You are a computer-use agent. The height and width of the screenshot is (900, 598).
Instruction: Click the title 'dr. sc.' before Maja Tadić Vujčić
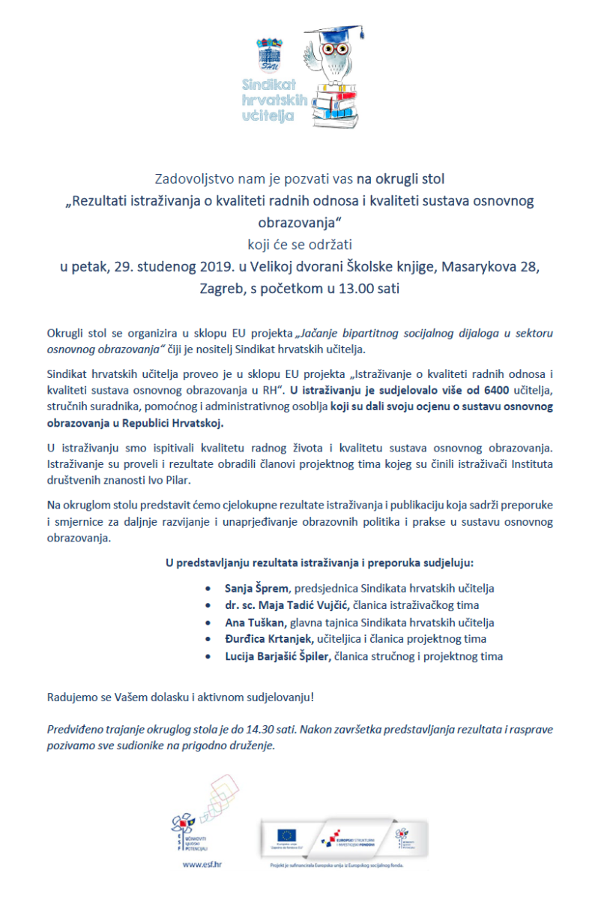241,605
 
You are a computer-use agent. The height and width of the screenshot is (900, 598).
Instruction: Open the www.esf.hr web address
202,864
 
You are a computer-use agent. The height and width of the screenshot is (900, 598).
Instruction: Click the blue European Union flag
286,835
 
